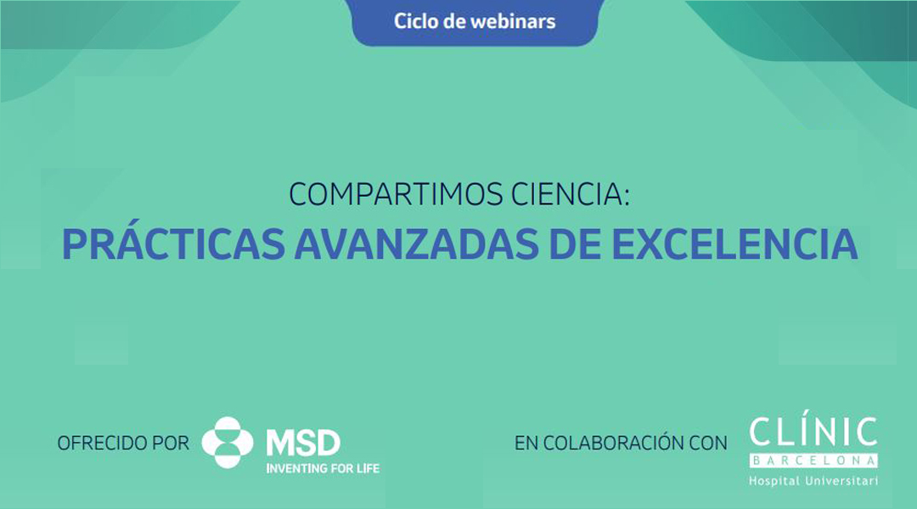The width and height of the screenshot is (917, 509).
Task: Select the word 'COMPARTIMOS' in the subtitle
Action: [x=396, y=194]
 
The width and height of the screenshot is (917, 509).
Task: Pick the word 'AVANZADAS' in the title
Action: [x=416, y=244]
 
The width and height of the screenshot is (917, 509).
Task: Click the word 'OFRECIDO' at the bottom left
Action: [x=102, y=443]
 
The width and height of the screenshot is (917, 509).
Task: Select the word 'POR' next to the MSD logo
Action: [x=171, y=443]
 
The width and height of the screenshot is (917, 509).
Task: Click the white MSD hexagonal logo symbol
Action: [x=228, y=442]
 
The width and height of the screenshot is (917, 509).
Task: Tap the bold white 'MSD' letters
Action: [x=303, y=443]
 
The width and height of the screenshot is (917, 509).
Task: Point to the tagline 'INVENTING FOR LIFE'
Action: [x=323, y=468]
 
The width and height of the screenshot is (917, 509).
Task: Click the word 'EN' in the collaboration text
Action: [x=526, y=443]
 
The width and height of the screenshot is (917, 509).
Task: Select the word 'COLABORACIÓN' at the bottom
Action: [x=613, y=442]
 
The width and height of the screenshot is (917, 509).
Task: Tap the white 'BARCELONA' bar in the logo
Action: [x=813, y=461]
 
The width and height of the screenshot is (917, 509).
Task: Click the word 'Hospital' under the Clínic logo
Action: [x=774, y=481]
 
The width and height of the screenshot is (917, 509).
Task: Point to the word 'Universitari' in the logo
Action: [x=841, y=481]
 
